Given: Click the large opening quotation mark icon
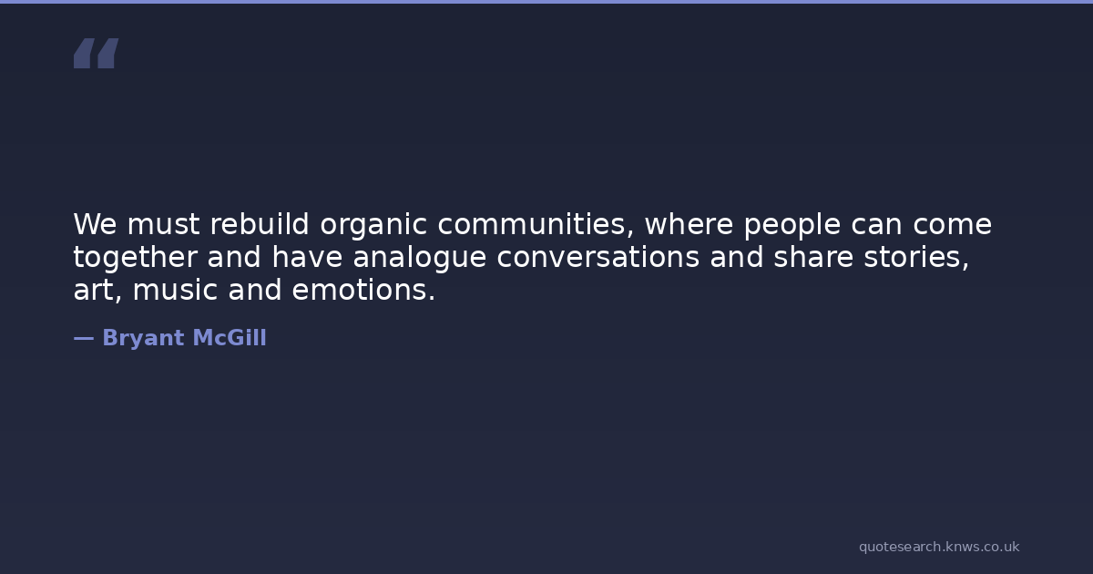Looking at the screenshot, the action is [x=97, y=53].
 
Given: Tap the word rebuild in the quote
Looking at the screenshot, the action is [x=260, y=224].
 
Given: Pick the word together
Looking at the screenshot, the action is [x=135, y=259].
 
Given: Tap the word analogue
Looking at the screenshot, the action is [x=420, y=259].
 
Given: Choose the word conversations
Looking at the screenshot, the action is [x=598, y=258].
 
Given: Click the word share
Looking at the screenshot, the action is [x=813, y=257].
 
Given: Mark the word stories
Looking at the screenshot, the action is [x=916, y=258].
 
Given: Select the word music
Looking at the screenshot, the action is [x=175, y=290].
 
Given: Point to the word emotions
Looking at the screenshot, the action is [x=363, y=291].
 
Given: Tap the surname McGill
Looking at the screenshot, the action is [x=230, y=338].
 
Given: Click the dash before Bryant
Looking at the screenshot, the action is [x=84, y=338].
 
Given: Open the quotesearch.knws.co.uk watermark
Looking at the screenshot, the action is [x=939, y=548].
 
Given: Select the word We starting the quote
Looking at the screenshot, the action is [x=95, y=224].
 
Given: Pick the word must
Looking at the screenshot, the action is [x=163, y=225].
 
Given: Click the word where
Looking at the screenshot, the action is [x=689, y=224].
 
